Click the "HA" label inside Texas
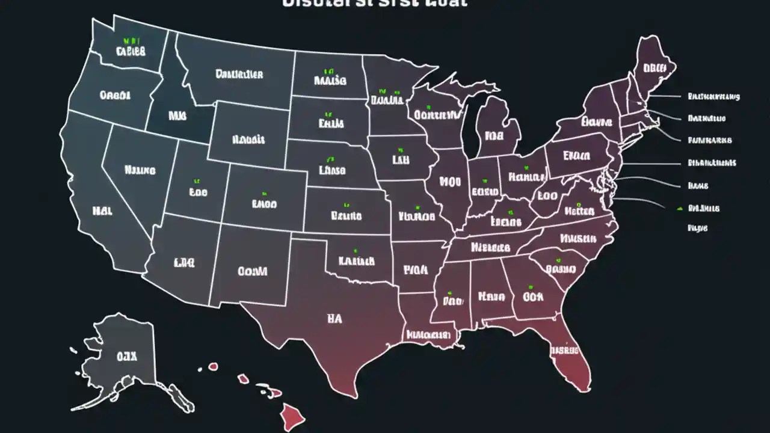[334, 319]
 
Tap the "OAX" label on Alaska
[126, 357]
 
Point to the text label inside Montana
[239, 75]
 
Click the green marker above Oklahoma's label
[355, 250]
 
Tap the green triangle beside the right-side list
[679, 208]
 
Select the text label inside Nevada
[140, 170]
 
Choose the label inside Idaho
[177, 114]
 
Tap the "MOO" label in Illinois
[449, 181]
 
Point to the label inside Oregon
[115, 95]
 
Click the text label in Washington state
[131, 52]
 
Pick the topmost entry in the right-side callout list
[713, 96]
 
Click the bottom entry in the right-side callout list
[698, 229]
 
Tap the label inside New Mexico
[252, 271]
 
